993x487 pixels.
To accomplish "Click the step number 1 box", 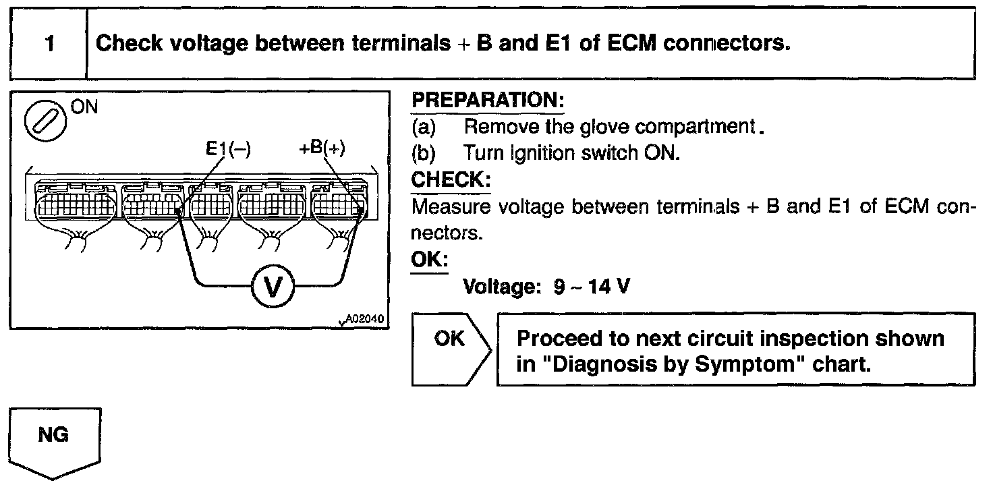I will click(49, 44).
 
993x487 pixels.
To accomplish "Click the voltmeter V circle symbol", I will click(273, 287).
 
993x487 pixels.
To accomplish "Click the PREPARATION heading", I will click(487, 101).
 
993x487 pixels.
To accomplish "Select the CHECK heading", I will click(451, 181).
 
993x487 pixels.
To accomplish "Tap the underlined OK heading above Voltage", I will click(428, 260).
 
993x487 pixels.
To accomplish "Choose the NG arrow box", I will click(54, 442).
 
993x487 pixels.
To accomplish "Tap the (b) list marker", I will click(424, 154).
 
